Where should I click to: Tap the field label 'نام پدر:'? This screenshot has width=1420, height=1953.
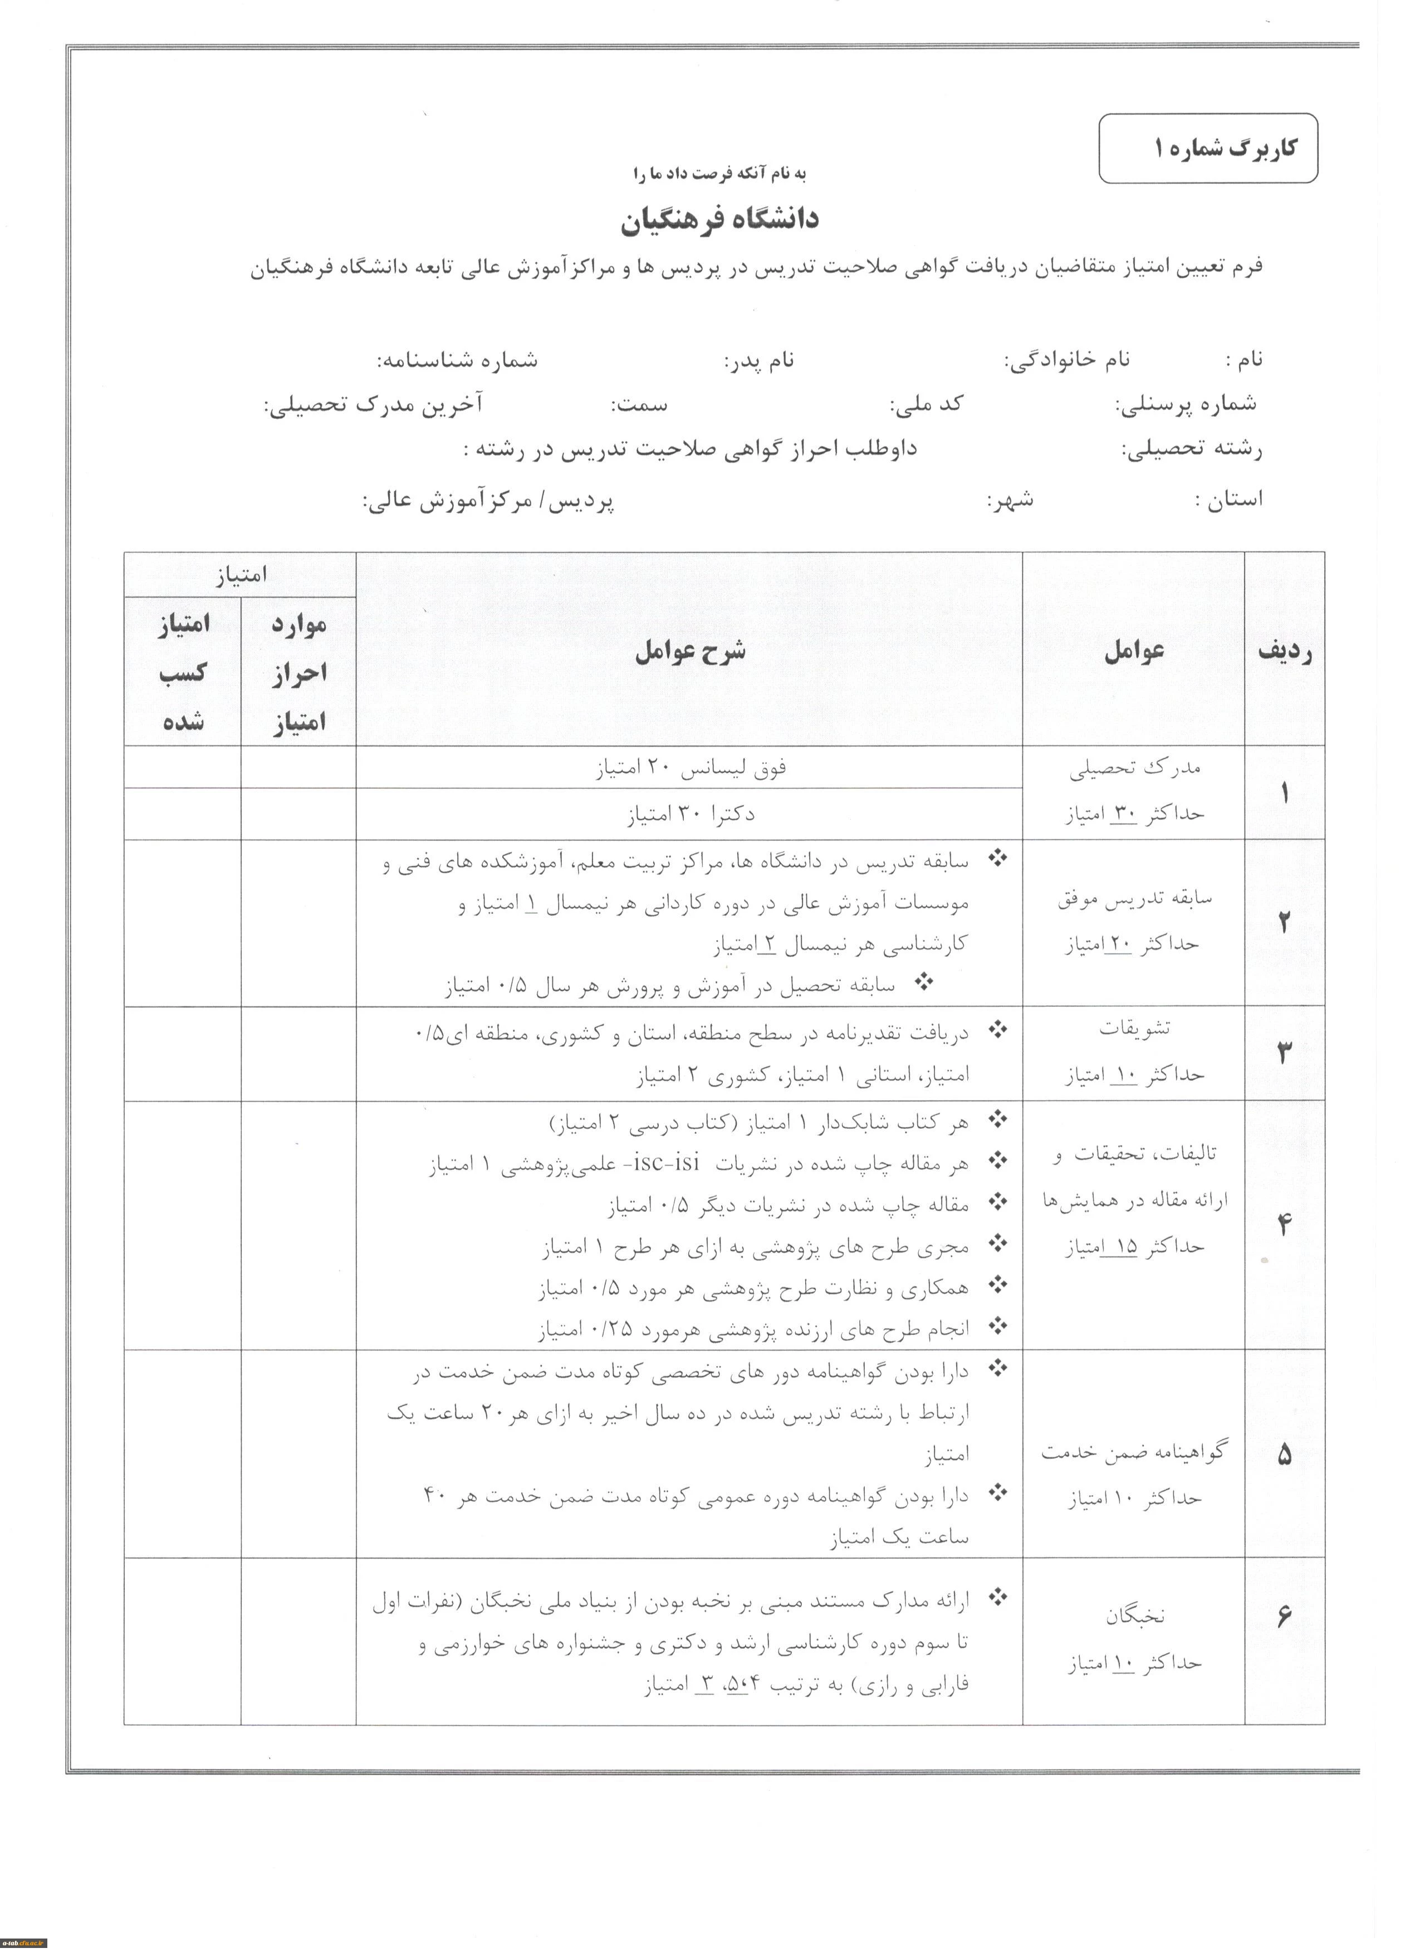pyautogui.click(x=758, y=360)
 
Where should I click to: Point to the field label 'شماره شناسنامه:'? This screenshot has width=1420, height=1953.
pyautogui.click(x=457, y=360)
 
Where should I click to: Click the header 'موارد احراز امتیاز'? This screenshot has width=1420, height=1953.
pyautogui.click(x=298, y=673)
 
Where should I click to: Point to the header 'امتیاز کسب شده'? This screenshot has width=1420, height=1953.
pyautogui.click(x=183, y=673)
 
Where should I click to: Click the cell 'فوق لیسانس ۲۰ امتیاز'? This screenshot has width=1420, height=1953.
pyautogui.click(x=690, y=768)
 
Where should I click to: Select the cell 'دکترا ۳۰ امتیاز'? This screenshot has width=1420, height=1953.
pyautogui.click(x=690, y=814)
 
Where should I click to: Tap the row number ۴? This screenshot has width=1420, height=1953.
pyautogui.click(x=1284, y=1223)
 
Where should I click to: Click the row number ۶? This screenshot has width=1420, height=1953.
pyautogui.click(x=1284, y=1616)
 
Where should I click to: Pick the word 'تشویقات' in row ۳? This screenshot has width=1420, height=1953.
pyautogui.click(x=1134, y=1027)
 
